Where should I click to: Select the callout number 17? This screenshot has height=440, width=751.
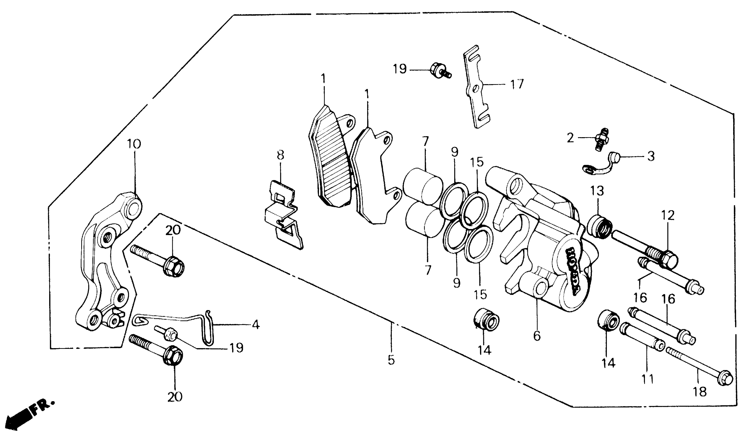tap(517, 84)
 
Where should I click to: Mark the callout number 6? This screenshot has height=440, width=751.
tap(537, 336)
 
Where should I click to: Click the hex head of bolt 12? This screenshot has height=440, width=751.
tap(669, 258)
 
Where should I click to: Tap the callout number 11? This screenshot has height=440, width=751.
tap(648, 379)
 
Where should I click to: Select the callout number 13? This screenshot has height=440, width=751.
tap(598, 191)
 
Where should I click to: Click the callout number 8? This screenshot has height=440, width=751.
tap(280, 155)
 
